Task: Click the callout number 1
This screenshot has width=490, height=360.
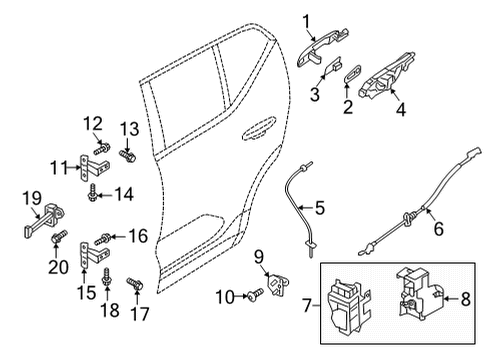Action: (306, 18)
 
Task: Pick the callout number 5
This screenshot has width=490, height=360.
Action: (436, 229)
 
